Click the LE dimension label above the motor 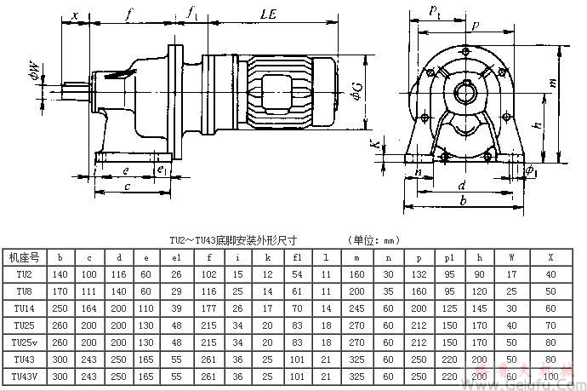click(269, 16)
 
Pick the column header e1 click(176, 256)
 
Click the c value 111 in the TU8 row click(88, 290)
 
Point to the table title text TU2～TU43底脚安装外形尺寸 click(224, 240)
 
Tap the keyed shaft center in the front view click(467, 88)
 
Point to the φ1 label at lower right click(532, 170)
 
